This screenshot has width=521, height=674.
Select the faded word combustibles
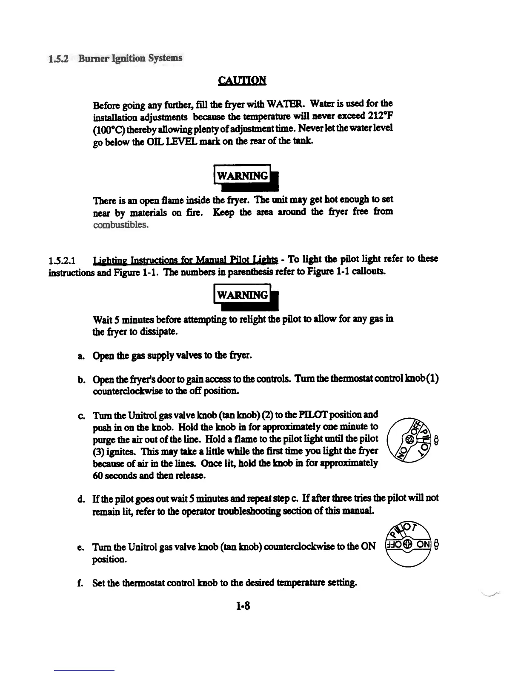[120, 224]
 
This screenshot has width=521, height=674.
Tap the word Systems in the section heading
[165, 58]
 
